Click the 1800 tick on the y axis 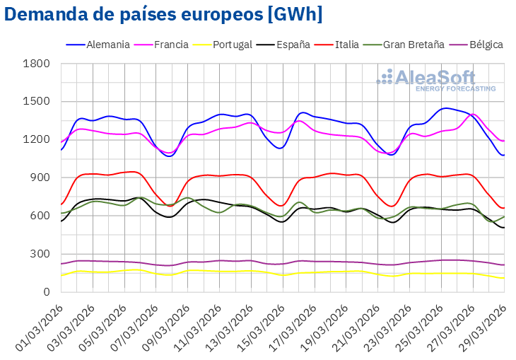point(36,64)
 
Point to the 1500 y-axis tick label point(36,102)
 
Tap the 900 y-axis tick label point(40,178)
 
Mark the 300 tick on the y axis point(40,254)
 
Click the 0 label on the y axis point(46,291)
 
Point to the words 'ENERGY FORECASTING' point(455,89)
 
